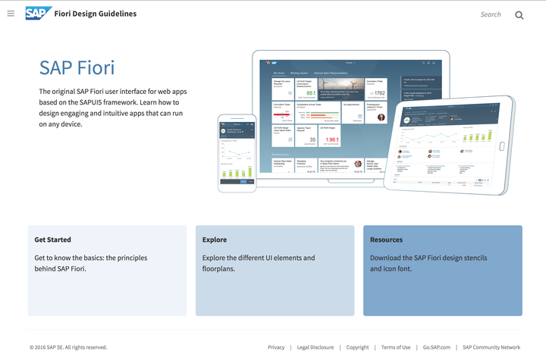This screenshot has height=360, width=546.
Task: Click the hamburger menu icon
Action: (11, 14)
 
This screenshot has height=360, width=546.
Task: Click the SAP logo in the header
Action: (37, 13)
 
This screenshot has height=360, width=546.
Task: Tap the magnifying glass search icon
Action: (519, 14)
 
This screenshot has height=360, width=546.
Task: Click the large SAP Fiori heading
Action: (77, 67)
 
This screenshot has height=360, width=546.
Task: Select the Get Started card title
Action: (53, 239)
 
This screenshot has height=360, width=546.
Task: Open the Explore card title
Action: (215, 239)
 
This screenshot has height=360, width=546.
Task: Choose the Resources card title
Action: (386, 239)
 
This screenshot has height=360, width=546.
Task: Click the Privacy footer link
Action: (276, 347)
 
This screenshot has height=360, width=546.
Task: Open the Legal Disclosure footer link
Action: (315, 347)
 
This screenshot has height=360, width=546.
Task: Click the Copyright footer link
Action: (357, 347)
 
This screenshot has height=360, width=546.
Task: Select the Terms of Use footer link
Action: (396, 347)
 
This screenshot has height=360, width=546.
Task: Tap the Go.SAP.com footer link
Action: (437, 347)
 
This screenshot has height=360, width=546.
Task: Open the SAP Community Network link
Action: (491, 347)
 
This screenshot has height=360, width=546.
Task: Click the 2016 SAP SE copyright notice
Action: (68, 347)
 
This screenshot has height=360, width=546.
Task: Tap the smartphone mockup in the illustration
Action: (237, 152)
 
